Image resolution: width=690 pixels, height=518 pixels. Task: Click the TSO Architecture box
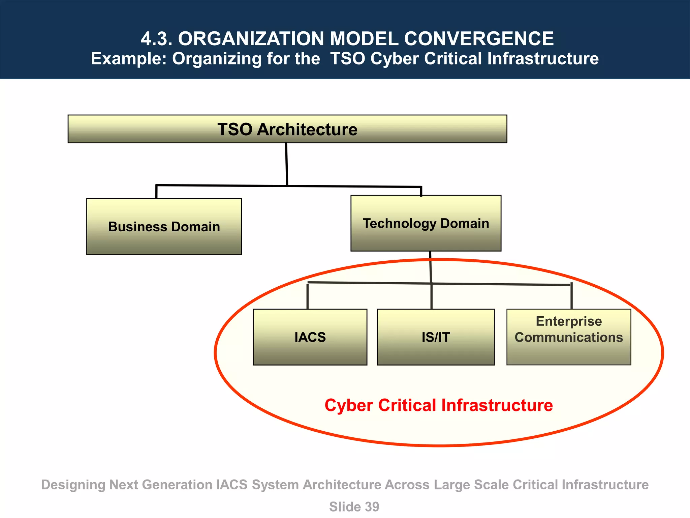pos(287,129)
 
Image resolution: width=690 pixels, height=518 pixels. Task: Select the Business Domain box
pos(164,227)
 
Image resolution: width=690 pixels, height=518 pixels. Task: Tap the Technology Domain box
pos(426,223)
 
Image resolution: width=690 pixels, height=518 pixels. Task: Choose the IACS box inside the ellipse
pos(310,337)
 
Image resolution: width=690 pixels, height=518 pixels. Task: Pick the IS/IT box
pos(436,337)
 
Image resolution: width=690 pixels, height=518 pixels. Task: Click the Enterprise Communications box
pos(569,337)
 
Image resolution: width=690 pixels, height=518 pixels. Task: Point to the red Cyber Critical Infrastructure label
pos(438,405)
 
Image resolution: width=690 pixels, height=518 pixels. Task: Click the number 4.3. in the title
pos(156,39)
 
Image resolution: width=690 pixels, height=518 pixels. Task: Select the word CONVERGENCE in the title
pos(479,39)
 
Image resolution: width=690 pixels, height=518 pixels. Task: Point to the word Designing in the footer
pos(73,485)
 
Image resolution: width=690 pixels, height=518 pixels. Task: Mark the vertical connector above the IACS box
pos(308,296)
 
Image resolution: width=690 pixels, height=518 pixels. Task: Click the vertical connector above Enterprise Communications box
pos(571,296)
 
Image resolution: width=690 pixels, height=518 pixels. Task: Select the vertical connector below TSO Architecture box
pos(287,164)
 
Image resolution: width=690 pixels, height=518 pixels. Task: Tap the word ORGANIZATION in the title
pos(251,39)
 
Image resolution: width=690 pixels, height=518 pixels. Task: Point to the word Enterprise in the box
pos(569,321)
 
